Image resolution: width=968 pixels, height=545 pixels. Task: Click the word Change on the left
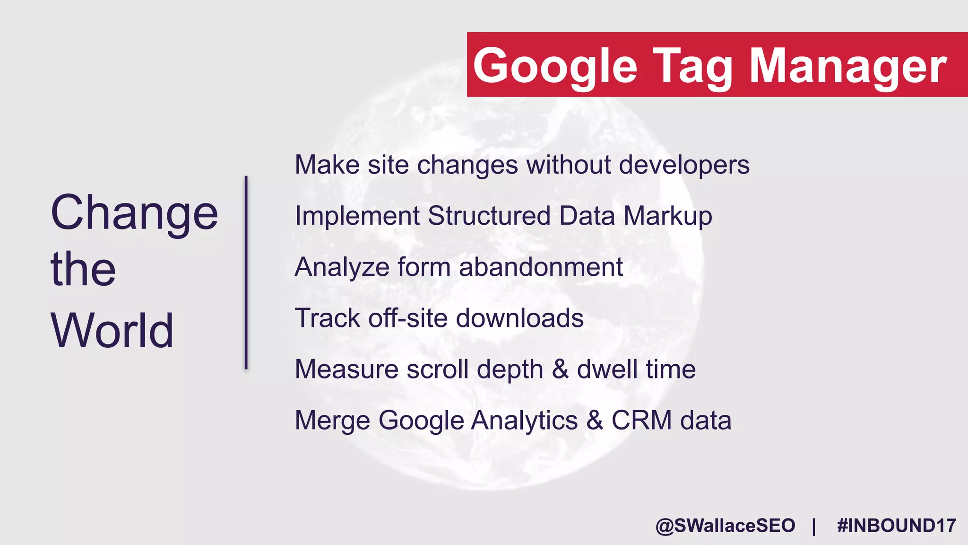(134, 213)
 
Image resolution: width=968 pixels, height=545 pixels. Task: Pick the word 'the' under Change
(83, 269)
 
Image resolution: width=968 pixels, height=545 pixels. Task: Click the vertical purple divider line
(246, 272)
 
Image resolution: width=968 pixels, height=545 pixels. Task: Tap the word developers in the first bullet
(684, 165)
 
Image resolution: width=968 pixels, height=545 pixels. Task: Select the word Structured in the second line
(489, 216)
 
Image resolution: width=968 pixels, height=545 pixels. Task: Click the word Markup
(667, 216)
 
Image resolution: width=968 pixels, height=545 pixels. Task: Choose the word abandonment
(541, 267)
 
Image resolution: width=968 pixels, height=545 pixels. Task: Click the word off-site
(408, 318)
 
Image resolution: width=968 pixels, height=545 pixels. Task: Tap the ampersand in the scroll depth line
(560, 369)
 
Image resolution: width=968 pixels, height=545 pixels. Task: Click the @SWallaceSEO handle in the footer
(725, 526)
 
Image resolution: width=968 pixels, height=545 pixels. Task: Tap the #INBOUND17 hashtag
(896, 526)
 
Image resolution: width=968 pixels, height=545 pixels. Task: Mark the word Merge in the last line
(332, 420)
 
